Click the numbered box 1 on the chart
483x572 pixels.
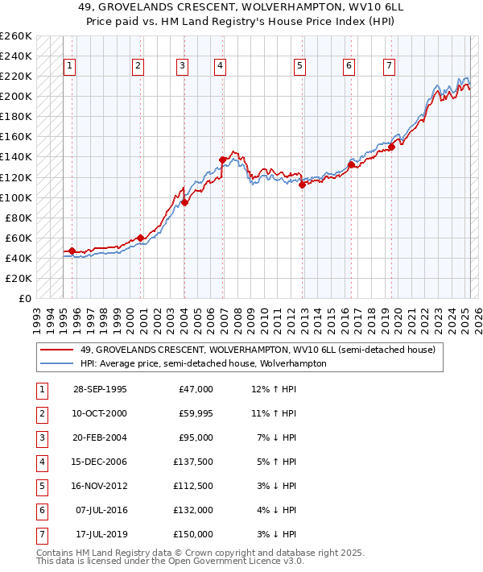coord(70,66)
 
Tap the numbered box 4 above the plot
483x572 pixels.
coord(220,66)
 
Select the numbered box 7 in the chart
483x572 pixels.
coord(390,66)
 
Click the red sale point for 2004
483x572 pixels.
coord(184,202)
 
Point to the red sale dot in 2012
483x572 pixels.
coord(302,184)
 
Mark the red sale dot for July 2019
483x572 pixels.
coord(391,147)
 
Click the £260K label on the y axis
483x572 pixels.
coord(16,36)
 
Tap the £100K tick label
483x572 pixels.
coord(16,197)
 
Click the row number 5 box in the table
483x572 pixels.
coord(42,486)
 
